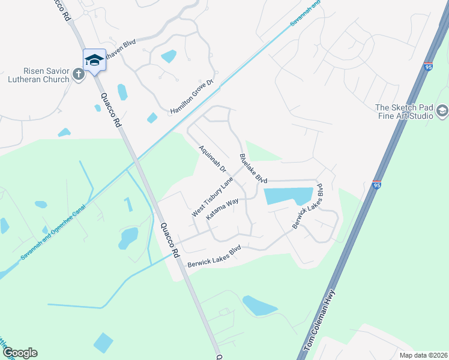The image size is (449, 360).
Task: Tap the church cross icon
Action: click(x=78, y=74)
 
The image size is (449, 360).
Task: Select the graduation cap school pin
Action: click(x=94, y=59)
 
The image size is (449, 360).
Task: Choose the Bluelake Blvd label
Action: click(x=253, y=169)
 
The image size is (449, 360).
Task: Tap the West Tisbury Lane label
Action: click(x=212, y=197)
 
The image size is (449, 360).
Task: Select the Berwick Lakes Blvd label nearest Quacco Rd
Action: click(x=214, y=256)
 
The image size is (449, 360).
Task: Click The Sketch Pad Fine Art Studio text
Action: click(x=404, y=112)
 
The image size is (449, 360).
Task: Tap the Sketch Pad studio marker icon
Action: click(x=442, y=110)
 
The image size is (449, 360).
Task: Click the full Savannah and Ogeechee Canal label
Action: click(x=53, y=232)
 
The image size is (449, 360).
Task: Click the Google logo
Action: click(x=20, y=353)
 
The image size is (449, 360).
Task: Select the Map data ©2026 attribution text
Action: click(x=423, y=355)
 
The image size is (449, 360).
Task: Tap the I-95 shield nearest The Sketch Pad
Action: click(x=427, y=66)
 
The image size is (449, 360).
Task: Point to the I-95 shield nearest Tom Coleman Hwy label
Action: click(x=376, y=185)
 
